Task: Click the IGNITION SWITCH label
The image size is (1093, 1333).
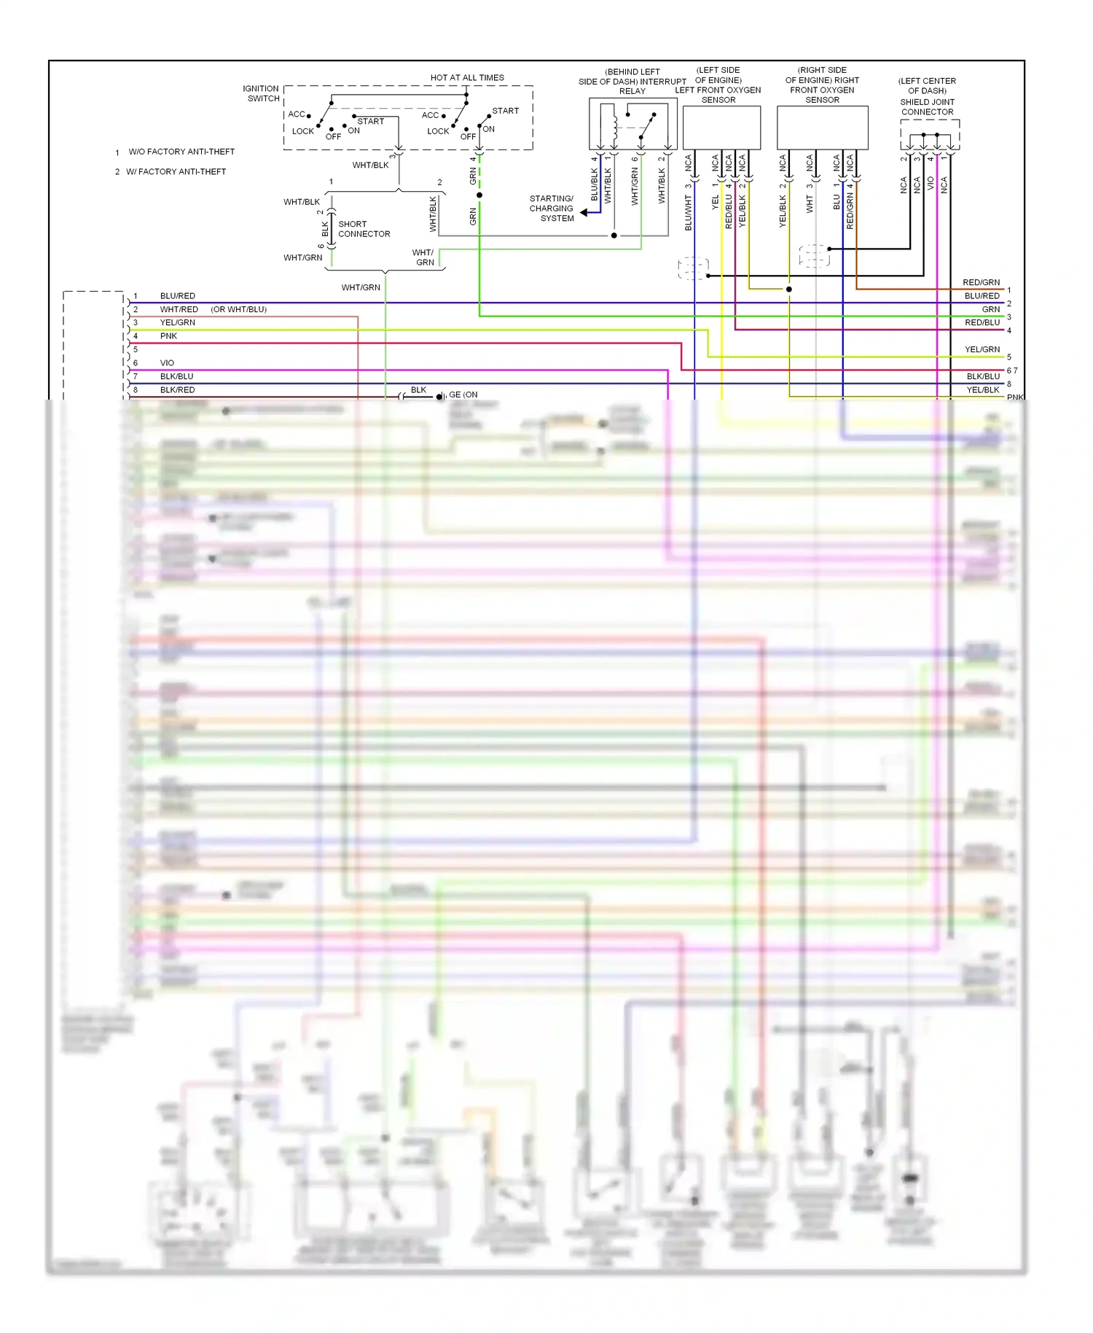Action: click(261, 93)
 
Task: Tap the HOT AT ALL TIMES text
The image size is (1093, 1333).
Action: click(467, 77)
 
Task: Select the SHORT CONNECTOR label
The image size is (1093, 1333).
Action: click(364, 229)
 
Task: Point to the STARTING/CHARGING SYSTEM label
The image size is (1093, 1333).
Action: click(552, 209)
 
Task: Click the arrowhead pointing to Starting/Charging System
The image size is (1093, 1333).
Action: click(584, 212)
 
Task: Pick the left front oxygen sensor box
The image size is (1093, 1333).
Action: click(721, 128)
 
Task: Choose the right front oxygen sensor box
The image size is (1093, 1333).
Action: click(822, 128)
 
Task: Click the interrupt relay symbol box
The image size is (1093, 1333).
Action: click(632, 124)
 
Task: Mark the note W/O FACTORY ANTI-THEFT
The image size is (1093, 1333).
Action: click(181, 152)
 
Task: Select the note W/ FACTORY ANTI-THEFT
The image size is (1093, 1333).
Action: click(176, 172)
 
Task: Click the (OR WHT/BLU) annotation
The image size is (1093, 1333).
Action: click(239, 309)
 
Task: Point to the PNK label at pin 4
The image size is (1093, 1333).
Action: click(168, 336)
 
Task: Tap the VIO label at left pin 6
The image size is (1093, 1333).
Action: click(167, 363)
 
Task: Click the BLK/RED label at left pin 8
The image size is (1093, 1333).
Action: click(177, 390)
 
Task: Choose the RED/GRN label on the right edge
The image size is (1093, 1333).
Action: click(981, 282)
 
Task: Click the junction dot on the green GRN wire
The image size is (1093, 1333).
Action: click(479, 195)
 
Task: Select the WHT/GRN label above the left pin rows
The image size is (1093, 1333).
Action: click(361, 287)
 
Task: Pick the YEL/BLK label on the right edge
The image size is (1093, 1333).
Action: click(982, 390)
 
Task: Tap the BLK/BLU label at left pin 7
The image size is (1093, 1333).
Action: click(176, 376)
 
